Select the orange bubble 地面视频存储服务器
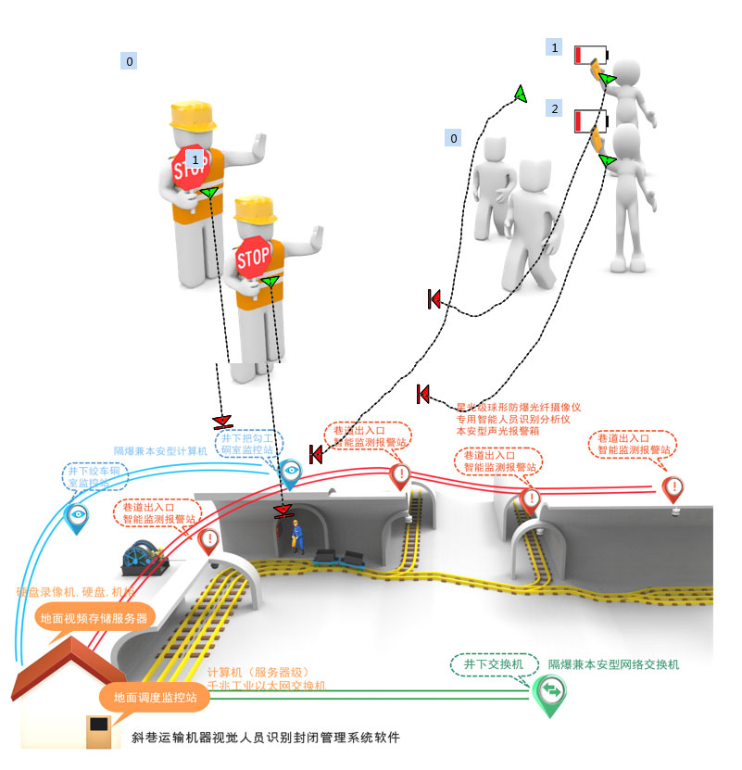tap(93, 618)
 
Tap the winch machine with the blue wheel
tap(144, 558)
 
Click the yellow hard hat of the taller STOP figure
tap(193, 115)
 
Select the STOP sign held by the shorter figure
tap(252, 257)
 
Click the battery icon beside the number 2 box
tap(590, 120)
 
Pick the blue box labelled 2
tap(554, 108)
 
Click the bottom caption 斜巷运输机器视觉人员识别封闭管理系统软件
tap(266, 738)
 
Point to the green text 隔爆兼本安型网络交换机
tap(613, 664)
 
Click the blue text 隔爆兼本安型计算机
tap(160, 450)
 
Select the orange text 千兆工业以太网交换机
tap(266, 685)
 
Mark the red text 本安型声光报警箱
tap(497, 431)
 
